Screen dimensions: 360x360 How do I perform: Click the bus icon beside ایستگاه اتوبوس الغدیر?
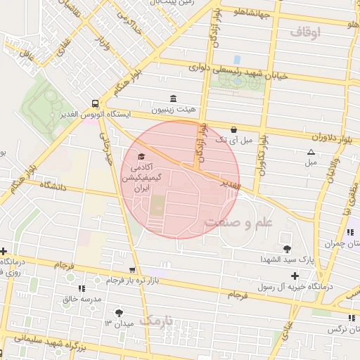click(95, 102)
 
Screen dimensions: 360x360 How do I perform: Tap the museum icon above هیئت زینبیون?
click(173, 98)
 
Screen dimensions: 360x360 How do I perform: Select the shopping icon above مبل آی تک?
click(233, 129)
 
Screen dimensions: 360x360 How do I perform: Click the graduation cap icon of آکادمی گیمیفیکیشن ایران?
click(141, 156)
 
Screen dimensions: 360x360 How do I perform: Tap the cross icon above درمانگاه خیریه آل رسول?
click(295, 275)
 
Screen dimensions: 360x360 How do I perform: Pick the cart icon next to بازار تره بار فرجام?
click(131, 270)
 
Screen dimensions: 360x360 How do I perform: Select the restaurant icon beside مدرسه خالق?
click(82, 288)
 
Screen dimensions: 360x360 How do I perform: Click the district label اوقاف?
click(304, 32)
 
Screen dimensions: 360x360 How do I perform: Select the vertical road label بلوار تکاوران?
click(262, 153)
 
